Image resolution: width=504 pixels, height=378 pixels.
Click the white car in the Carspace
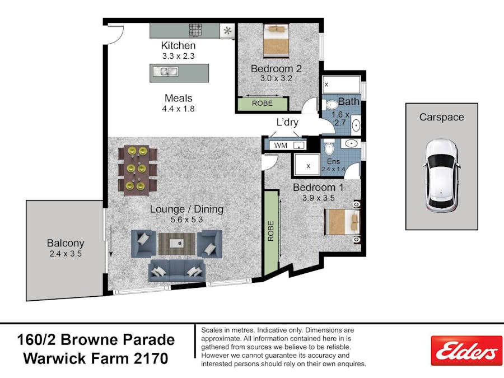coord(441,175)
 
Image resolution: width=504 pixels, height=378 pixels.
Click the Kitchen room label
coord(178,45)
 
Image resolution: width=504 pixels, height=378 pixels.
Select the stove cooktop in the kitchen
coord(195,30)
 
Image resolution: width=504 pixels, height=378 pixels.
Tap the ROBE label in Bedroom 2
coord(262,104)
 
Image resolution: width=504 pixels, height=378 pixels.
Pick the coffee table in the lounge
coord(177,243)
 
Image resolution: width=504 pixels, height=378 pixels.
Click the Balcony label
coord(65,243)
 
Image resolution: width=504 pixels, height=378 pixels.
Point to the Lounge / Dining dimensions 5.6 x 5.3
coord(186,220)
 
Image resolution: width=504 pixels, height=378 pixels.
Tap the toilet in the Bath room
coord(330,105)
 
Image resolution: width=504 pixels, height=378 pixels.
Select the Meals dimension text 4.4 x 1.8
coord(178,109)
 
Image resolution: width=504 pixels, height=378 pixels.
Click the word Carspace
coord(441,118)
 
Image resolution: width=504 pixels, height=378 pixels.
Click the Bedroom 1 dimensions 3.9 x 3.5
coord(318,198)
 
